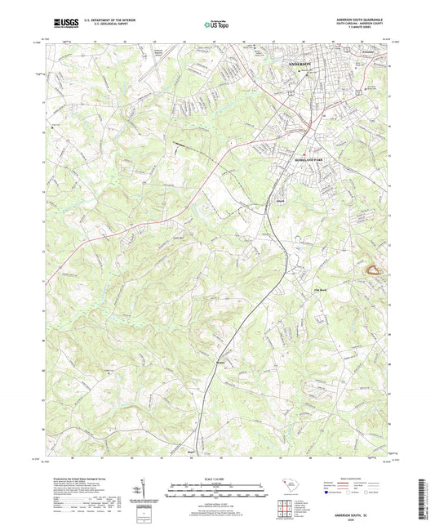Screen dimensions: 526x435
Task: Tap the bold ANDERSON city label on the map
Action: click(301, 63)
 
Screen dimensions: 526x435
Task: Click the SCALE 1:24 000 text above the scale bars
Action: click(216, 479)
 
